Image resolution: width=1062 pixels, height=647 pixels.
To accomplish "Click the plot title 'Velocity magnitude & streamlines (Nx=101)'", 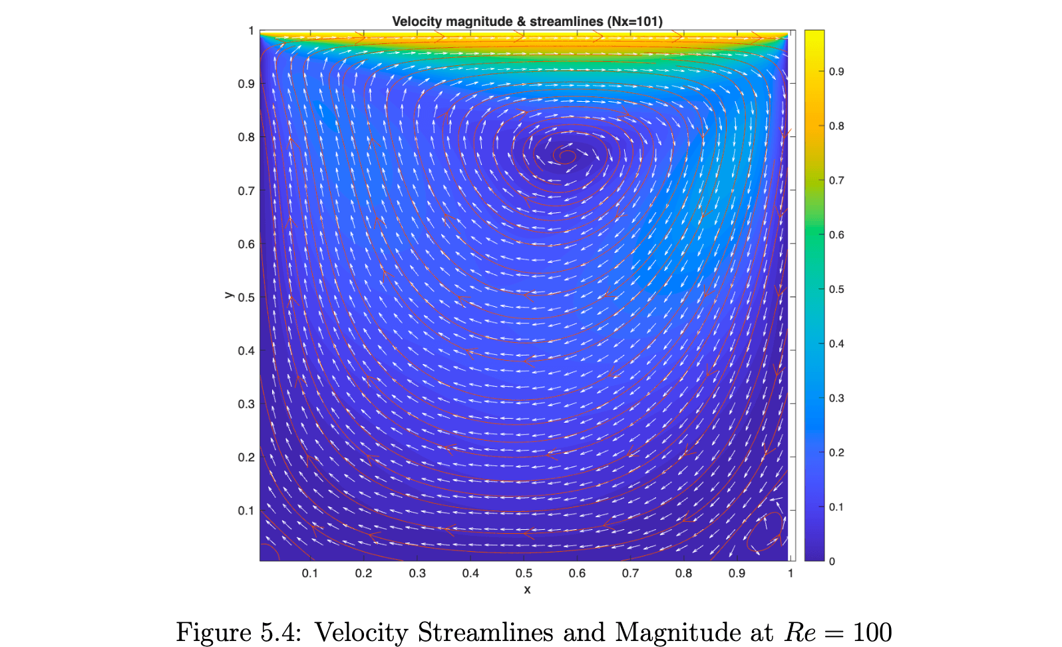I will (x=527, y=21).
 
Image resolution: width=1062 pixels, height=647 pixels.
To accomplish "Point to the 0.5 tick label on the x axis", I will (x=524, y=573).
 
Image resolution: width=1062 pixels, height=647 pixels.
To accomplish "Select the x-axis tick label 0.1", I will (x=310, y=573).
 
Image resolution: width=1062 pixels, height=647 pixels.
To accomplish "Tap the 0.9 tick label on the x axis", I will (x=737, y=573).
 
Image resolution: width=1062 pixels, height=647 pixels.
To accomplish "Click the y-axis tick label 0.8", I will (x=246, y=137).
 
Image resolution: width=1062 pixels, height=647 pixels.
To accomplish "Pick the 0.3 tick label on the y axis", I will (x=246, y=404).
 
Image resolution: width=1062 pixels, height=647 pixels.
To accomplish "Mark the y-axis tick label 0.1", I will (x=246, y=511).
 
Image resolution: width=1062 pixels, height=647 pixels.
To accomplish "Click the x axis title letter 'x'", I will (x=527, y=590).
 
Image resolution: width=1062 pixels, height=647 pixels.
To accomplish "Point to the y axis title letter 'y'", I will (x=229, y=294).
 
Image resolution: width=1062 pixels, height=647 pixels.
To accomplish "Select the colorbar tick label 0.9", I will (x=836, y=71).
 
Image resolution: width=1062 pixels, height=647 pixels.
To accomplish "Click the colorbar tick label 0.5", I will (x=836, y=289).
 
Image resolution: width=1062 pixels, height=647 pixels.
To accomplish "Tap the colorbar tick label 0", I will (x=832, y=561).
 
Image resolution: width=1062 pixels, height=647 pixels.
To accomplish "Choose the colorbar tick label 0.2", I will (x=836, y=453).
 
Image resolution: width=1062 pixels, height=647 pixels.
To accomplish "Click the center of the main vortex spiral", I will (x=567, y=156).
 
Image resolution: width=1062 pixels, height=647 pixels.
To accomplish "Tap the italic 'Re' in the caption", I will (x=800, y=632).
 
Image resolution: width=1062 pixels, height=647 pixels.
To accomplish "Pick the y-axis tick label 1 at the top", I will (x=251, y=31).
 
